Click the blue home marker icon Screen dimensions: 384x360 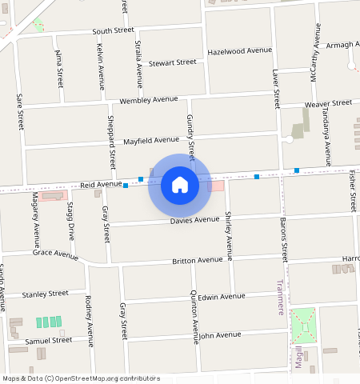tap(180, 185)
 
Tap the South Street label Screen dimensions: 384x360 tap(113, 30)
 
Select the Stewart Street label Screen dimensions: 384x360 tap(172, 62)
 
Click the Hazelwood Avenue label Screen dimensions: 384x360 tap(239, 50)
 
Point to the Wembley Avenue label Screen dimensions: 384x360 tap(148, 100)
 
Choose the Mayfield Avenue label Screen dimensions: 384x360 tap(151, 141)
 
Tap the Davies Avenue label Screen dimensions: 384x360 tap(194, 219)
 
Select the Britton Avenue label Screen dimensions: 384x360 tap(198, 260)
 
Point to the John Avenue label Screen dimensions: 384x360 tap(219, 335)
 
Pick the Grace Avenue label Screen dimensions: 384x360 tap(55, 254)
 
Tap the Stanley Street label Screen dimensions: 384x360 tap(46, 294)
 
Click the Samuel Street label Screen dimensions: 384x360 tap(49, 340)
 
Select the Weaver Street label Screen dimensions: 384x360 tap(328, 104)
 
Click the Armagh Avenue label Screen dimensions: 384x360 tap(343, 46)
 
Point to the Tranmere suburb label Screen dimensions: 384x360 tap(280, 298)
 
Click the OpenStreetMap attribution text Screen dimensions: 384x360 tap(81, 378)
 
